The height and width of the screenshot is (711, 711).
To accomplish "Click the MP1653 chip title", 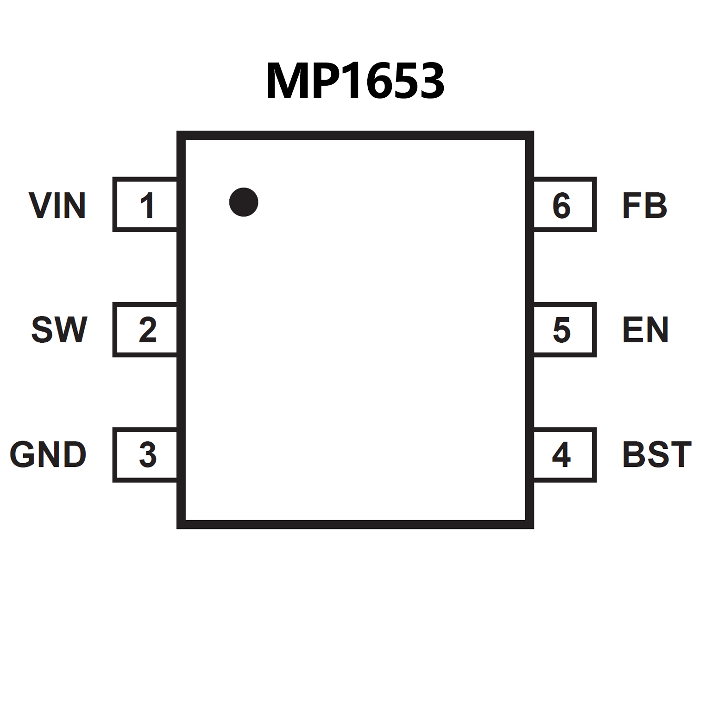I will [355, 81].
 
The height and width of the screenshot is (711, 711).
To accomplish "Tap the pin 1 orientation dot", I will [244, 202].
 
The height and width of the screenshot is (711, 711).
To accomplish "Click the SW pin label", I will [59, 330].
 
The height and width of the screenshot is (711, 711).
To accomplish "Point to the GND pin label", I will [48, 454].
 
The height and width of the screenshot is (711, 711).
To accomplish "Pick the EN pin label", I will [645, 330].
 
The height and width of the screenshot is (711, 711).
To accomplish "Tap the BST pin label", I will [656, 454].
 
